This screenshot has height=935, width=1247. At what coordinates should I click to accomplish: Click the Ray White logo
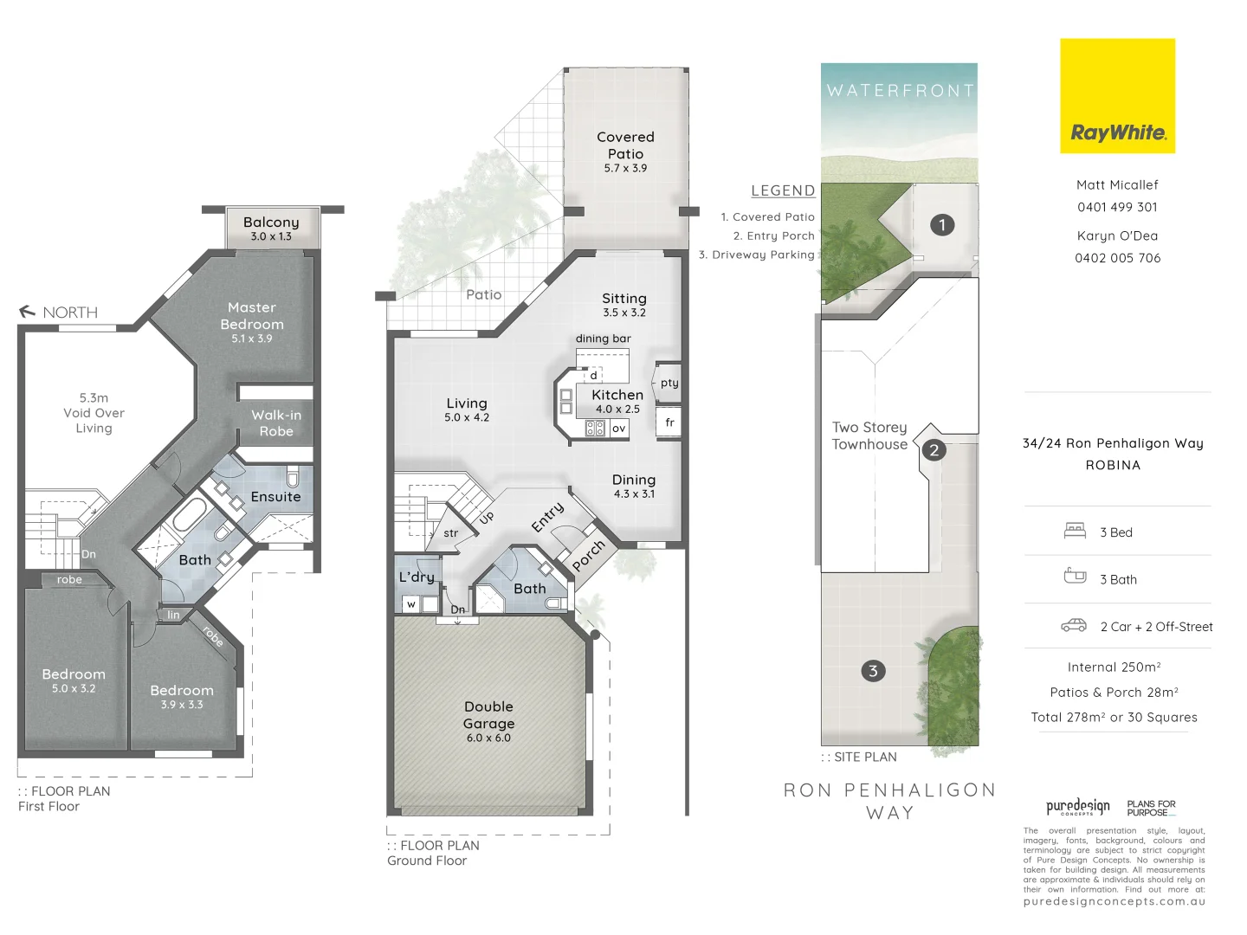[x=1117, y=96]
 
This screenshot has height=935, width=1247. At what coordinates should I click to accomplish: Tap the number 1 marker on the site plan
[x=942, y=225]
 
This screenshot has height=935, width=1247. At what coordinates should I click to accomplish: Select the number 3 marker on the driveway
[x=873, y=671]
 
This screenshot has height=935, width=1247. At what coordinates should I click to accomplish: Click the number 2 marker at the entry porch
[x=934, y=450]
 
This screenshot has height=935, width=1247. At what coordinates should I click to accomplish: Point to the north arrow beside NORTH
[x=27, y=312]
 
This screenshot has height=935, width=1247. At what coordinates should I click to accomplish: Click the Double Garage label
[x=488, y=715]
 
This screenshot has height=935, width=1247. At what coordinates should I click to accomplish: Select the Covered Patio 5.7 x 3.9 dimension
[x=625, y=168]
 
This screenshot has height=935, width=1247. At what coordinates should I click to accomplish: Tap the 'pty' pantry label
[x=669, y=383]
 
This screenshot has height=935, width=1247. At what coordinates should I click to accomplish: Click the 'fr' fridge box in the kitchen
[x=669, y=422]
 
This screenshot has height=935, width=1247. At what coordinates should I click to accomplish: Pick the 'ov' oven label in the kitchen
[x=618, y=428]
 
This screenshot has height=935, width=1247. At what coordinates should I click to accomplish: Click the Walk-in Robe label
[x=276, y=423]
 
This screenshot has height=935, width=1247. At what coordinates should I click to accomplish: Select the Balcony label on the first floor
[x=271, y=222]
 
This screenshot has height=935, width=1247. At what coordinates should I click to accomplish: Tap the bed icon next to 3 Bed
[x=1075, y=532]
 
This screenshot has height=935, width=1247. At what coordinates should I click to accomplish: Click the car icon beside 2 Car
[x=1074, y=626]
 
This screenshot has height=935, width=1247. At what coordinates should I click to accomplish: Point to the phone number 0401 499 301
[x=1117, y=207]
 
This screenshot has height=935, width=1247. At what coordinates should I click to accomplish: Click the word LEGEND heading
[x=783, y=190]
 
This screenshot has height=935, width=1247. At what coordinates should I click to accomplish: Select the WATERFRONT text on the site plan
[x=900, y=90]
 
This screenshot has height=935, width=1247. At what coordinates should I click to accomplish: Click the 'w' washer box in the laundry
[x=411, y=604]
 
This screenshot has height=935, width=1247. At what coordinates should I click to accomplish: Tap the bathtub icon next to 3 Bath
[x=1075, y=576]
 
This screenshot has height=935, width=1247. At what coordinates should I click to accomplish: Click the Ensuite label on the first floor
[x=275, y=497]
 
